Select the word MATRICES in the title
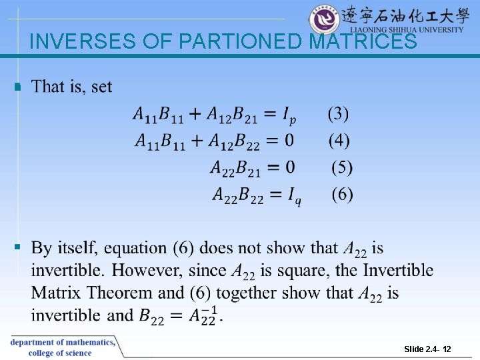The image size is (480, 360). pos(363,42)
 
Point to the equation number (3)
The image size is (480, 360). pos(338,114)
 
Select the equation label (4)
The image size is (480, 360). pos(338,141)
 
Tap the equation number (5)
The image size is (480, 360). pos(342,167)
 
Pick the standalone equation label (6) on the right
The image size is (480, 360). pos(342,195)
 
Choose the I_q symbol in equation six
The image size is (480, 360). pos(294,196)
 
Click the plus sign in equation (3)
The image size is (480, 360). pos(194,115)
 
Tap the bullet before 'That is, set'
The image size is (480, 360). pos(18,87)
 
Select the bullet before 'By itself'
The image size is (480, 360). pos(18,248)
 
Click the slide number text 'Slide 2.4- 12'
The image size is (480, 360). pos(427,349)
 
